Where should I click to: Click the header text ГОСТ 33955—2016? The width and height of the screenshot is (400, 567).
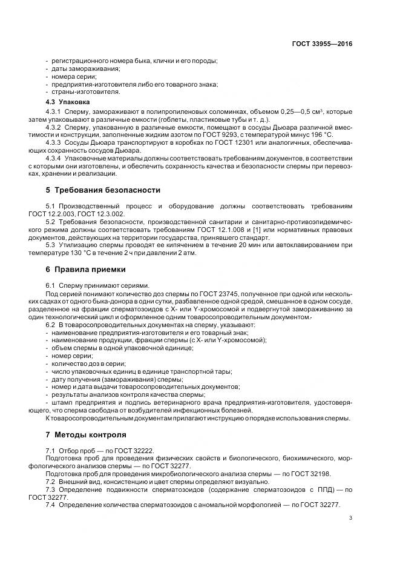coord(321,44)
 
